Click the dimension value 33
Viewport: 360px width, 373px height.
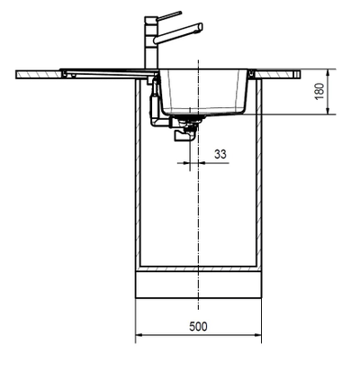click(220, 153)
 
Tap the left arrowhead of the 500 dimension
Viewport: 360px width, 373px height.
click(139, 338)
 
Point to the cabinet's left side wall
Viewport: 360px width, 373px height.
click(138, 180)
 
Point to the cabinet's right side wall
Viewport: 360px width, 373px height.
click(260, 180)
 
